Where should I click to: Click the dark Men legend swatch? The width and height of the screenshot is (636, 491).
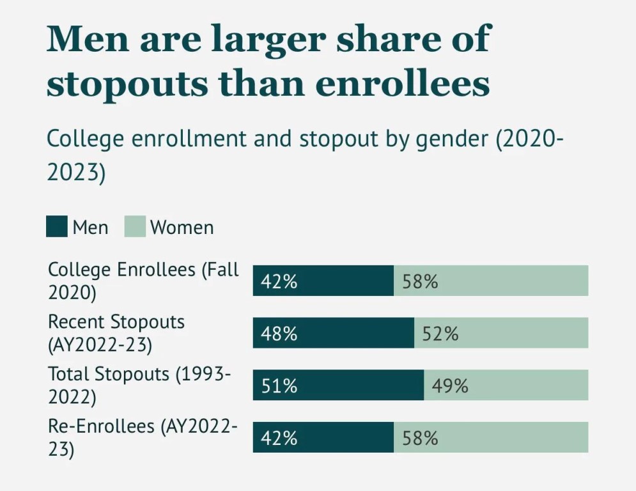click(57, 226)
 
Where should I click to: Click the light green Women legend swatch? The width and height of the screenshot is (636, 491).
click(135, 226)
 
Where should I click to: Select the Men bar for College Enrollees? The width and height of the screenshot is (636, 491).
click(323, 281)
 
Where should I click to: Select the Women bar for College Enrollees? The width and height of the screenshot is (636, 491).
click(491, 281)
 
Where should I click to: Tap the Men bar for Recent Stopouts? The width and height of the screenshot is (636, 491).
click(334, 332)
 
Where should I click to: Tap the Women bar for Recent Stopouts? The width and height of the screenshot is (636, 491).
click(501, 332)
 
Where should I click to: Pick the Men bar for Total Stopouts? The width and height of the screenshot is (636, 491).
click(338, 385)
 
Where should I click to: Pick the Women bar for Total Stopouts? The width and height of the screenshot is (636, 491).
click(506, 385)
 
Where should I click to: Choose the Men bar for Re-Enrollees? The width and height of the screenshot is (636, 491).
click(323, 437)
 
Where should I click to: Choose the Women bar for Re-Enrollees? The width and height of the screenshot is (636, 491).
click(491, 437)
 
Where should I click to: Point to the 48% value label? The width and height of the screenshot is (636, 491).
click(279, 334)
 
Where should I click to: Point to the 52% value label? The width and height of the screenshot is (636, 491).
click(440, 334)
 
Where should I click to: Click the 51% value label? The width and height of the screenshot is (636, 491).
click(279, 386)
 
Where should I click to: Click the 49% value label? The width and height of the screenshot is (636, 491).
click(450, 386)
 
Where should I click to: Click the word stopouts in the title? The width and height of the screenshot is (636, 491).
click(128, 84)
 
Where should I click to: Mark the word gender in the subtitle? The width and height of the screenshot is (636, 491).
click(453, 139)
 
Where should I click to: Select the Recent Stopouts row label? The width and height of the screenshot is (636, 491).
click(116, 333)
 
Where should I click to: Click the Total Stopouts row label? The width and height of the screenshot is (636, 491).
click(139, 385)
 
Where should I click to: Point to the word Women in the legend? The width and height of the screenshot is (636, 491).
click(182, 227)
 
